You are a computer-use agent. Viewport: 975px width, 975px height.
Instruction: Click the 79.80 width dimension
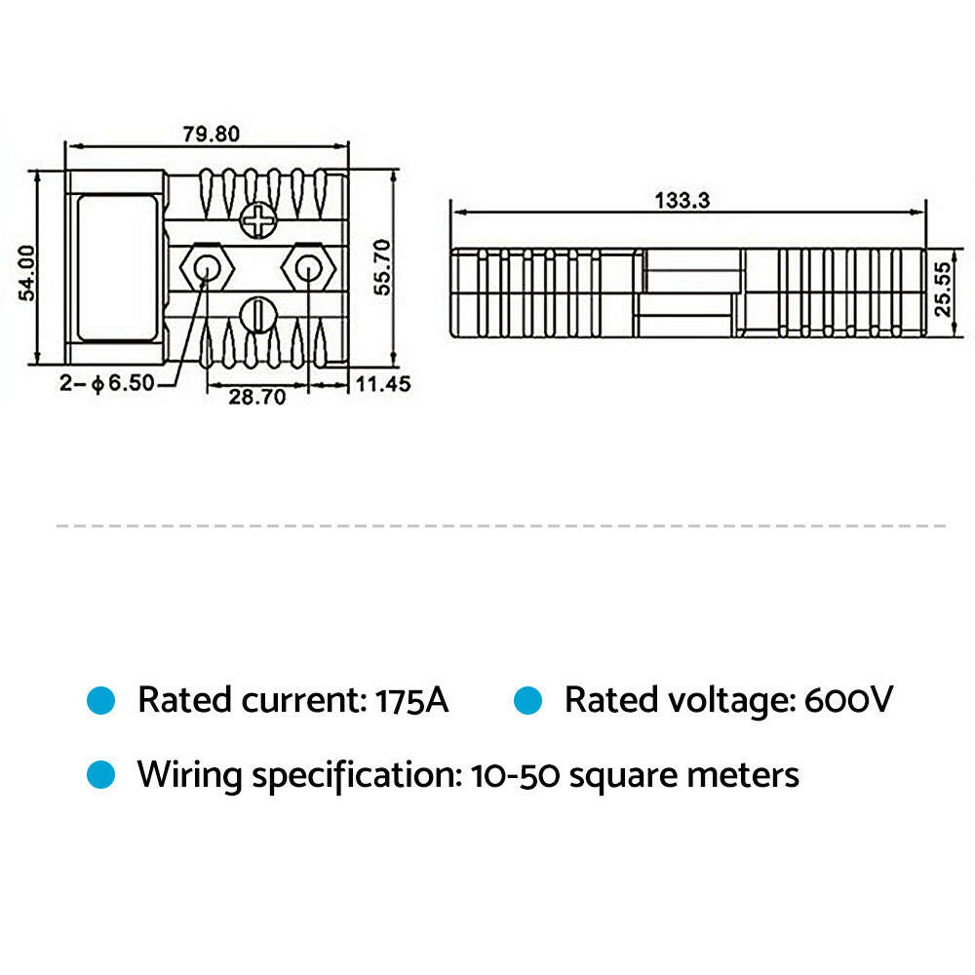[207, 134]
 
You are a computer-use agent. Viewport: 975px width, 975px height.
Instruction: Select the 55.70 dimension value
[382, 267]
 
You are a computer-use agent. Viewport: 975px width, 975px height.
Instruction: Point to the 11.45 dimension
[382, 384]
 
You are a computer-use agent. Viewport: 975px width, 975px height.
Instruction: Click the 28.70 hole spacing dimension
[256, 398]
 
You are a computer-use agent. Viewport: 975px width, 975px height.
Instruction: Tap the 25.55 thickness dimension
[942, 288]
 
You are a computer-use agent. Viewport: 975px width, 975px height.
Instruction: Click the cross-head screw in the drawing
[259, 221]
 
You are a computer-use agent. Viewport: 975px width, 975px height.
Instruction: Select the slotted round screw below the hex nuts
[259, 314]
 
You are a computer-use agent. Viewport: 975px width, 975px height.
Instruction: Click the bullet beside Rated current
[101, 700]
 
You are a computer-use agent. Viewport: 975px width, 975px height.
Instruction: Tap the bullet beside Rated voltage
[527, 700]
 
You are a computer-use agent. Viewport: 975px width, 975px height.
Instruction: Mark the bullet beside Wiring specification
[101, 775]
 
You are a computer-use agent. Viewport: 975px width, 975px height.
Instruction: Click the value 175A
[410, 700]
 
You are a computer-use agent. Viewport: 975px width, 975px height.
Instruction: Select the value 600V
[847, 700]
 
